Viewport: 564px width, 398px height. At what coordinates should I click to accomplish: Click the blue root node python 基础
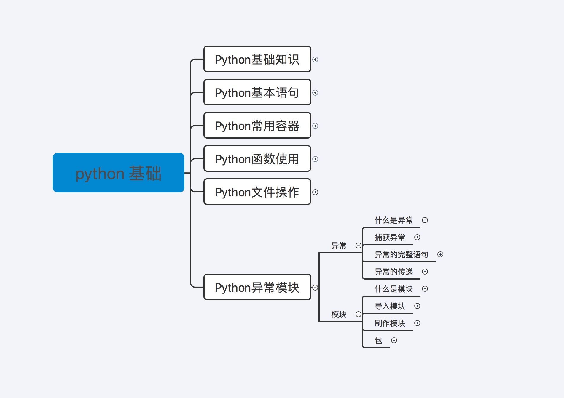pyautogui.click(x=118, y=173)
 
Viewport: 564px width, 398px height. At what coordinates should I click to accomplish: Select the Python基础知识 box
pyautogui.click(x=257, y=59)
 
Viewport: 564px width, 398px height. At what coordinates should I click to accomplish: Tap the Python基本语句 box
pyautogui.click(x=257, y=92)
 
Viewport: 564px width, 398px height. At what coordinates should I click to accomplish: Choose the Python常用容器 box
pyautogui.click(x=257, y=126)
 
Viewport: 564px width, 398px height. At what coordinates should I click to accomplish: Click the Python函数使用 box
pyautogui.click(x=257, y=159)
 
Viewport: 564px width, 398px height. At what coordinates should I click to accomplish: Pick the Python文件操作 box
pyautogui.click(x=257, y=192)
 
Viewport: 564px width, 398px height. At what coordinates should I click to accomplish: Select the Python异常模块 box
pyautogui.click(x=257, y=287)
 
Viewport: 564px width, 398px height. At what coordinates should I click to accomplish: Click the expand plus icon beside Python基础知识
pyautogui.click(x=315, y=60)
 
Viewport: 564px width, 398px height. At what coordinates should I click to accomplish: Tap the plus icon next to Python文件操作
pyautogui.click(x=315, y=192)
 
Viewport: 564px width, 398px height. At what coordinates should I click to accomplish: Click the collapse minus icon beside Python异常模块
pyautogui.click(x=315, y=288)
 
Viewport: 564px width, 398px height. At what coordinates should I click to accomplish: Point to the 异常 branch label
pyautogui.click(x=339, y=245)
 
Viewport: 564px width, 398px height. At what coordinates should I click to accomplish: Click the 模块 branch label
pyautogui.click(x=339, y=314)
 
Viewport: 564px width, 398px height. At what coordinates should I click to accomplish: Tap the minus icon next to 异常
pyautogui.click(x=358, y=245)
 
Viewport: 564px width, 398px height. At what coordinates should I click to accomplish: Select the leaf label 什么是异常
pyautogui.click(x=393, y=220)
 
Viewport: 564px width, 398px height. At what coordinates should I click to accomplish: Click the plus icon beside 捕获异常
pyautogui.click(x=417, y=237)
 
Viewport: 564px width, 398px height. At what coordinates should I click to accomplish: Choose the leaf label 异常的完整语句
pyautogui.click(x=401, y=254)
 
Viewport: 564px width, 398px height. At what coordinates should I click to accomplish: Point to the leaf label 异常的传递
pyautogui.click(x=393, y=272)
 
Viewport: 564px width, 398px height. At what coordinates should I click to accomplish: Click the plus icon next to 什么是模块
pyautogui.click(x=425, y=289)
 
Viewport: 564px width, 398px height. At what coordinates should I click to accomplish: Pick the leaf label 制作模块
pyautogui.click(x=390, y=323)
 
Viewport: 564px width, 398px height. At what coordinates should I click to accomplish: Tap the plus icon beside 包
pyautogui.click(x=394, y=340)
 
